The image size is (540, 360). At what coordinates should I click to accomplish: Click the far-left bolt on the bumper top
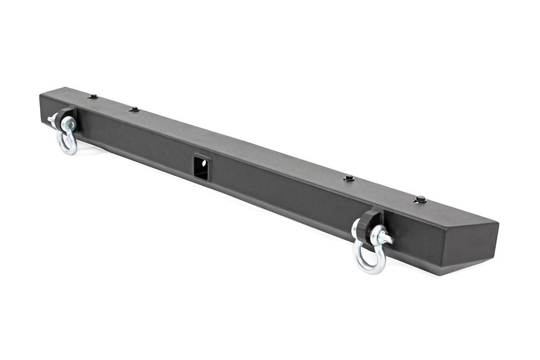pos(93,97)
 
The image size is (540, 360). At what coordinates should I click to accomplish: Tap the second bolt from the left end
pos(134,110)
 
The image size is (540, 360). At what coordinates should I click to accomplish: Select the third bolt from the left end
pos(349,179)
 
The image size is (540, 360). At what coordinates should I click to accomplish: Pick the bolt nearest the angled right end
pos(420,199)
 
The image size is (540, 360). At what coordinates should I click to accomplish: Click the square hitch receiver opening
pos(201,168)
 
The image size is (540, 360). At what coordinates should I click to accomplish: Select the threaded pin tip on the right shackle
pos(389,239)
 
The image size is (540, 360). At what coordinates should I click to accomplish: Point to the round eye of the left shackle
pos(69,124)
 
